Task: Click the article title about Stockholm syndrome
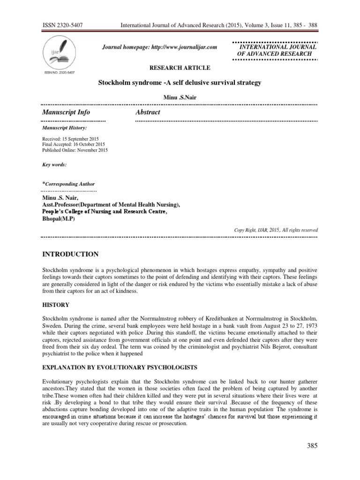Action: click(x=179, y=82)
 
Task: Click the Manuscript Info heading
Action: click(x=66, y=112)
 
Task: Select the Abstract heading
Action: click(x=148, y=112)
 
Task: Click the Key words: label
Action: click(x=54, y=165)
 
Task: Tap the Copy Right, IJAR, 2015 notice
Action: click(x=276, y=230)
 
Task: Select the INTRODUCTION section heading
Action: click(x=70, y=254)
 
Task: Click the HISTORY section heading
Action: click(x=56, y=305)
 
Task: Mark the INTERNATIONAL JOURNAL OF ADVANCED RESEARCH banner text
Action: click(x=277, y=51)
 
